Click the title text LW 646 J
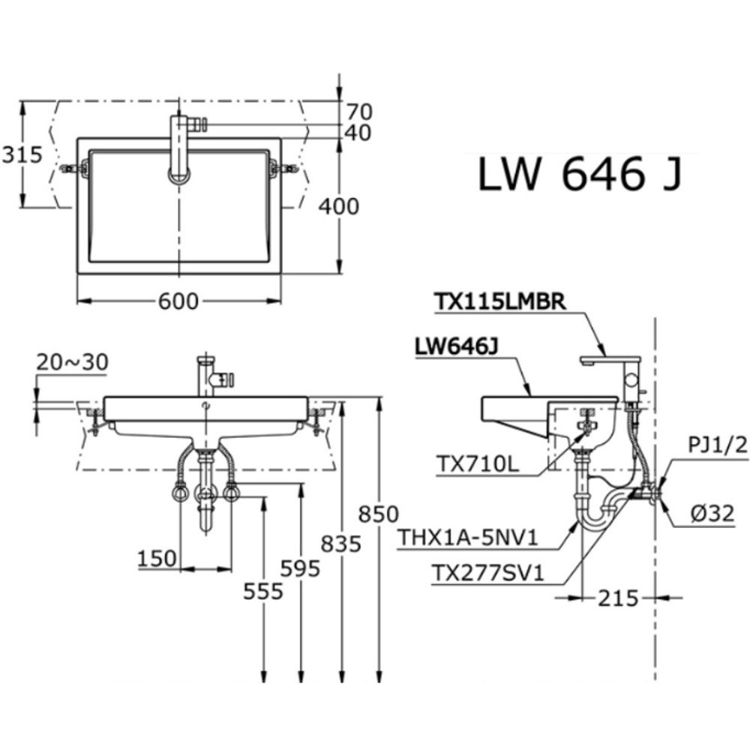pyautogui.click(x=580, y=176)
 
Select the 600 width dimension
pyautogui.click(x=178, y=301)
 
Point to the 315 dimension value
pyautogui.click(x=21, y=155)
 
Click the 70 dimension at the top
pyautogui.click(x=358, y=111)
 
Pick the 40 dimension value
pyautogui.click(x=358, y=133)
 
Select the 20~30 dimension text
pyautogui.click(x=72, y=362)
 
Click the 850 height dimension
pyautogui.click(x=377, y=514)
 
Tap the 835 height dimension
pyautogui.click(x=341, y=542)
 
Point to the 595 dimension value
pyautogui.click(x=301, y=568)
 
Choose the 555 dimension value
pyautogui.click(x=263, y=592)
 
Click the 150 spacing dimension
pyautogui.click(x=157, y=558)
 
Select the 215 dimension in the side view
pyautogui.click(x=618, y=598)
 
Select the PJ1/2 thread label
pyautogui.click(x=718, y=447)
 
